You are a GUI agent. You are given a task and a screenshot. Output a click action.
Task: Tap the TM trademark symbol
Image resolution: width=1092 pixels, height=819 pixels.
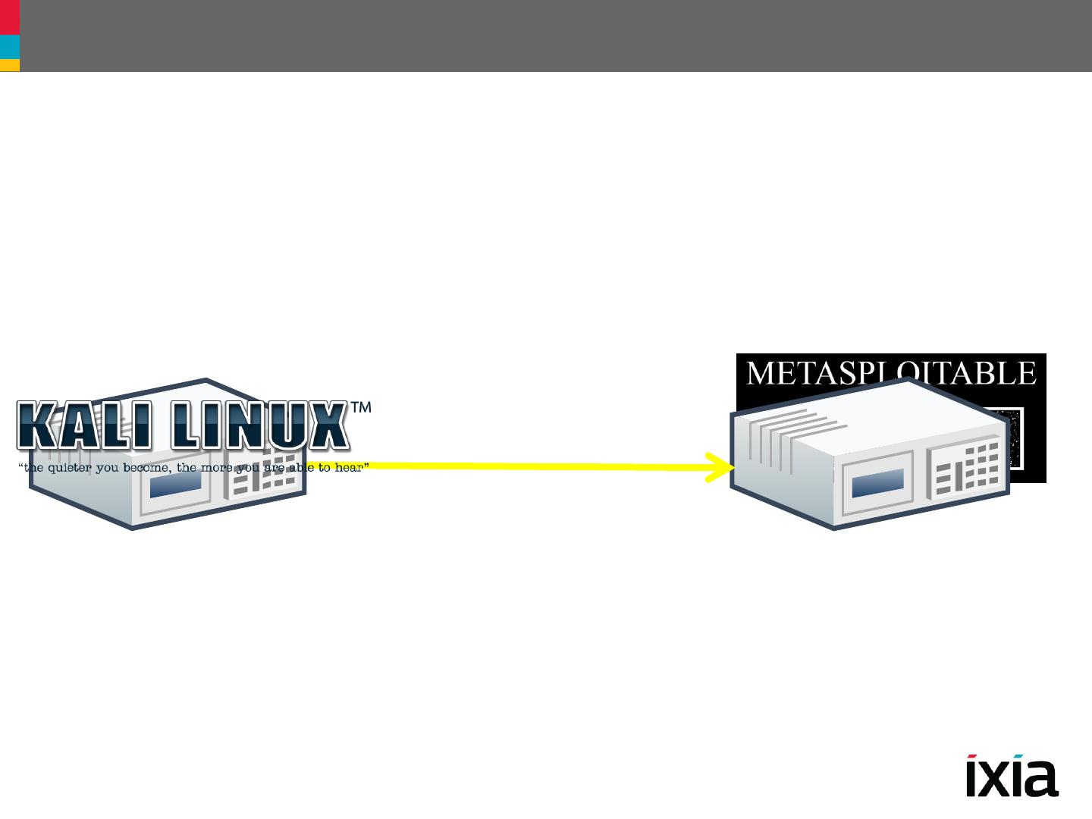click(x=361, y=408)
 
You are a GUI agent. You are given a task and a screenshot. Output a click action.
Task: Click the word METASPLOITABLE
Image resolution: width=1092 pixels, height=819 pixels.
click(x=891, y=373)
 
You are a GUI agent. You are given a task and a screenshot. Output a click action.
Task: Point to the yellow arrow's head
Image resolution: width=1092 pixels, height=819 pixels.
click(x=720, y=467)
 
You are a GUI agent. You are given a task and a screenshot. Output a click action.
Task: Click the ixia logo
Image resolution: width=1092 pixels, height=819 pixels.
click(x=1012, y=775)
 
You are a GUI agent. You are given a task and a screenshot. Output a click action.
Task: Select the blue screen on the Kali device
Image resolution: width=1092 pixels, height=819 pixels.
click(x=175, y=483)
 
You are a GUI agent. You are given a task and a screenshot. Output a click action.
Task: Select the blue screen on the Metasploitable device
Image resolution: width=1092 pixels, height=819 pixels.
click(x=878, y=482)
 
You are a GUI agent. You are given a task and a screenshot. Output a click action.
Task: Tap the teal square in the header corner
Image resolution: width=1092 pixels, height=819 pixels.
click(x=9, y=47)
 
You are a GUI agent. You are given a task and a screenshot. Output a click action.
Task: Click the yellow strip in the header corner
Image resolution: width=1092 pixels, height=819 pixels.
click(x=9, y=66)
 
